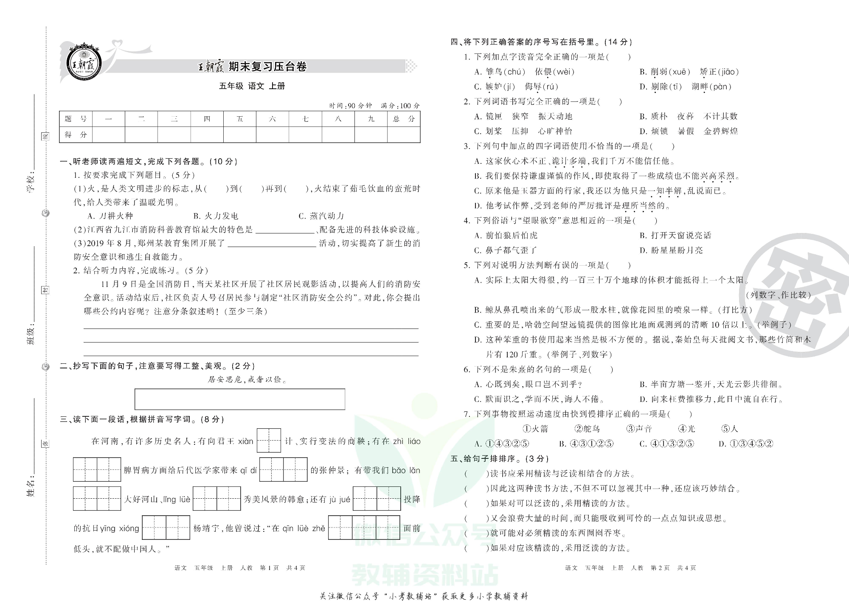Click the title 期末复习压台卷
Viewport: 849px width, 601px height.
pyautogui.click(x=267, y=67)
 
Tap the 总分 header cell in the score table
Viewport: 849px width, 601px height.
pyautogui.click(x=404, y=119)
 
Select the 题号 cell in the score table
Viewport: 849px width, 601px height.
pyautogui.click(x=76, y=119)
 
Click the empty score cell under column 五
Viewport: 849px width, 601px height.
pyautogui.click(x=240, y=135)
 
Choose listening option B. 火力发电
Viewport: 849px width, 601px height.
pyautogui.click(x=216, y=216)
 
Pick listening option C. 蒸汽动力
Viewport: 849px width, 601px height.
pyautogui.click(x=321, y=216)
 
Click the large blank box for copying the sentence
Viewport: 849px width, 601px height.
pyautogui.click(x=240, y=399)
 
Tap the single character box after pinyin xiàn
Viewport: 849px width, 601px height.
pyautogui.click(x=269, y=441)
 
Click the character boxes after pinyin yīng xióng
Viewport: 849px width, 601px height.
pyautogui.click(x=166, y=528)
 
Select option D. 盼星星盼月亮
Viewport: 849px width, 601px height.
pyautogui.click(x=671, y=250)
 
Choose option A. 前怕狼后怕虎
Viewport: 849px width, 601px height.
pyautogui.click(x=506, y=236)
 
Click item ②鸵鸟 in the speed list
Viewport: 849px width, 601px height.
pyautogui.click(x=587, y=429)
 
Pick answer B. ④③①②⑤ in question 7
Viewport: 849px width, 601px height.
pyautogui.click(x=586, y=444)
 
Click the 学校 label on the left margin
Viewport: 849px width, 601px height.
pyautogui.click(x=31, y=183)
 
